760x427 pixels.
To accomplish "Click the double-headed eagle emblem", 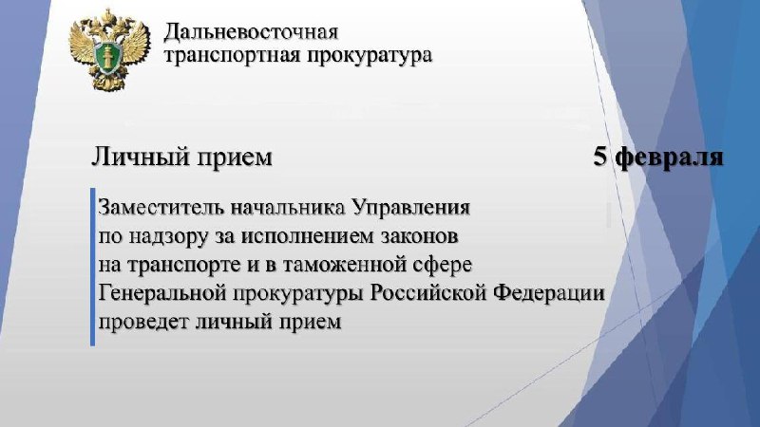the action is [x=109, y=49].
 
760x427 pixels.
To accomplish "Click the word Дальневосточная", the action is [x=251, y=33].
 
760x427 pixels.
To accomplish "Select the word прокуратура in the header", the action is [x=370, y=56].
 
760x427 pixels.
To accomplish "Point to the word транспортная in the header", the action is [x=233, y=56].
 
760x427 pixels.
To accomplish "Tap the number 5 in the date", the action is [x=601, y=157].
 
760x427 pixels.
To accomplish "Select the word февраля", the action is [x=670, y=158].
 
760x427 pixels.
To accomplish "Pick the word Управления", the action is [x=411, y=208].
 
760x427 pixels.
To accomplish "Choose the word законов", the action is [x=419, y=236].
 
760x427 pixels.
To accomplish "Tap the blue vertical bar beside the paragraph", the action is [x=92, y=267].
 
